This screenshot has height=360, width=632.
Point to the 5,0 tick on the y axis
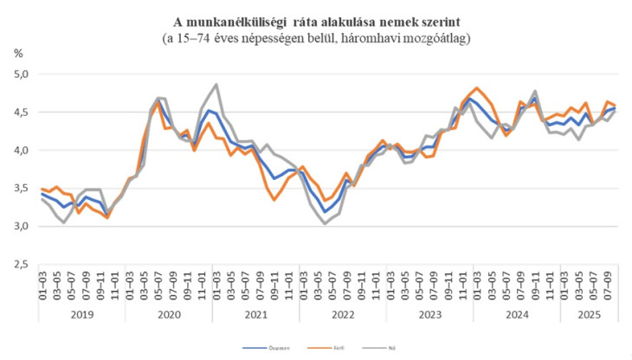coord(22,74)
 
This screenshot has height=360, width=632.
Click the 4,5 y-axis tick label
coord(22,112)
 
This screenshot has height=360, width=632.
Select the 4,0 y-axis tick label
coord(22,151)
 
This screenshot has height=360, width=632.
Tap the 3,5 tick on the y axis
coord(22,189)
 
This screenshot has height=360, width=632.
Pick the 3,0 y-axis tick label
coord(22,227)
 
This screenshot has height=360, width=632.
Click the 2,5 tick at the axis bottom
coord(22,265)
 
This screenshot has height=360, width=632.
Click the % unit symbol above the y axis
coord(19,54)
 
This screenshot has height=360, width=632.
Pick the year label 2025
coord(590,316)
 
